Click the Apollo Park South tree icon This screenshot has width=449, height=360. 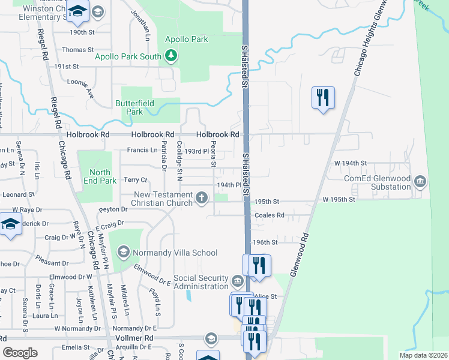tap(172, 56)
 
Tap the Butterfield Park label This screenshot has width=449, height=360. tap(134, 107)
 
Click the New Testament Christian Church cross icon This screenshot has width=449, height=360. tap(202, 197)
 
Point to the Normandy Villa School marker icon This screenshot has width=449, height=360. tap(124, 251)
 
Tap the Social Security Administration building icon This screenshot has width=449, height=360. tap(237, 281)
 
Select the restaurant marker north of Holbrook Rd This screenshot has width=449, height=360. tap(323, 97)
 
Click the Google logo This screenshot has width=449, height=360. tap(20, 352)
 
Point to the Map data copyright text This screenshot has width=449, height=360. tap(423, 355)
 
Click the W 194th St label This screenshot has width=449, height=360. tap(350, 163)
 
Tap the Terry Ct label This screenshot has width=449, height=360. tap(135, 180)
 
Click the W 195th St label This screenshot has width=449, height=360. tap(339, 199)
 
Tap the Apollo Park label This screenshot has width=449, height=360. tap(187, 40)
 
